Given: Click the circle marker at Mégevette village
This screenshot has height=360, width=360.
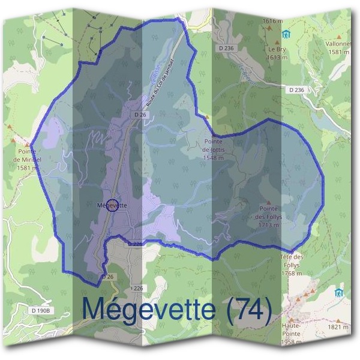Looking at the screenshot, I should pyautogui.click(x=111, y=205).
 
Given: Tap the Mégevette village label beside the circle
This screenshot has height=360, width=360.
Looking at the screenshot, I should pyautogui.click(x=112, y=205).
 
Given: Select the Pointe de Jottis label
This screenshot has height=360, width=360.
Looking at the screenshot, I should pyautogui.click(x=213, y=148).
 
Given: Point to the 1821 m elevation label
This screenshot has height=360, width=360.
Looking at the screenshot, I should pyautogui.click(x=338, y=328).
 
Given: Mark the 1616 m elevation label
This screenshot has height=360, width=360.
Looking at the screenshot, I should pyautogui.click(x=272, y=21).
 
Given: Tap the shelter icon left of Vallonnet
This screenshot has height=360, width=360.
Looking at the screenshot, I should pyautogui.click(x=287, y=34).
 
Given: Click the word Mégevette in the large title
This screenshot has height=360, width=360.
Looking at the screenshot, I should pyautogui.click(x=148, y=308).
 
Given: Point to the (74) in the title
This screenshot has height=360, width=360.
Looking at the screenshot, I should pyautogui.click(x=247, y=308).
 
